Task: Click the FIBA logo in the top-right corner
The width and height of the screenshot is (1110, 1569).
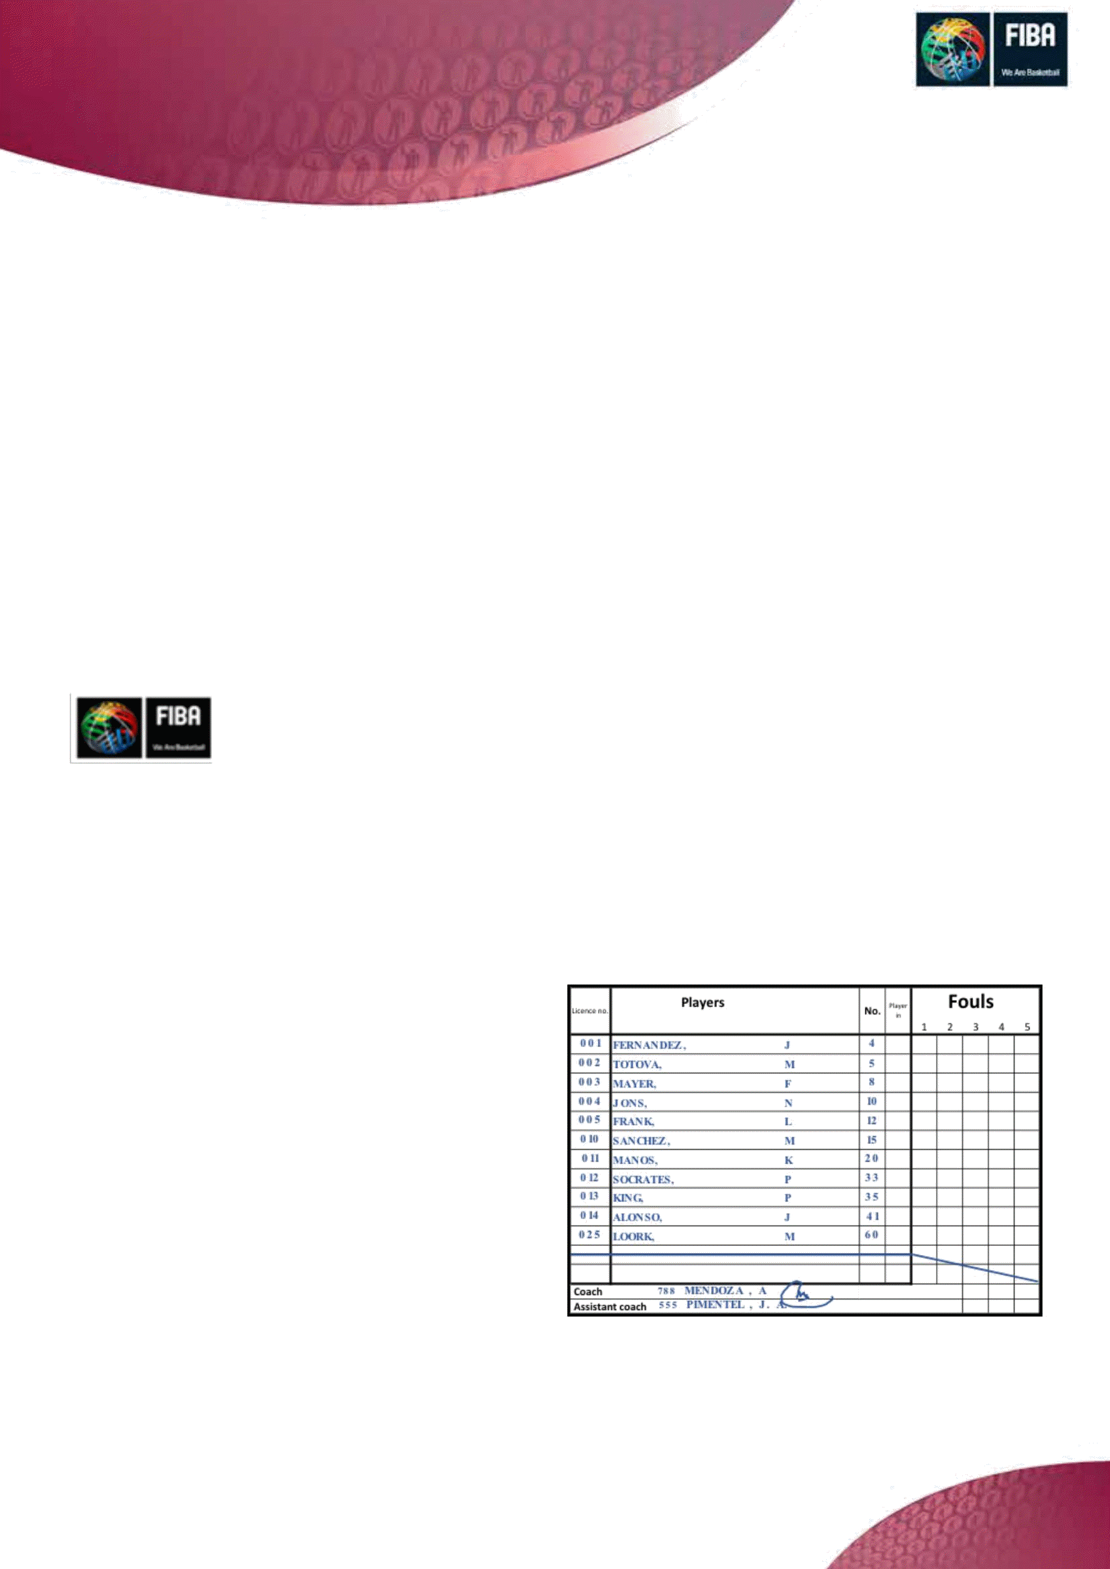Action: point(991,49)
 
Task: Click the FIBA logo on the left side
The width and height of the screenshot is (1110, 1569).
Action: point(141,728)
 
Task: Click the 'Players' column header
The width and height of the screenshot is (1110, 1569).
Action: point(702,1003)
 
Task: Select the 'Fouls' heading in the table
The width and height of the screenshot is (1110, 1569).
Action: point(971,1002)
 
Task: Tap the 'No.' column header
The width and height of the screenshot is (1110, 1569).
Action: point(872,1010)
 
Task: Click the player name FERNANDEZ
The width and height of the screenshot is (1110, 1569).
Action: point(649,1045)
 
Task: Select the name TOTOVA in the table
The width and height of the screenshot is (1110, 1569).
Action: point(637,1065)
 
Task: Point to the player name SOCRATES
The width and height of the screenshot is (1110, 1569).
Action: point(643,1179)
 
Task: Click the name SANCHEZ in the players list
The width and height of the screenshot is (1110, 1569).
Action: point(641,1141)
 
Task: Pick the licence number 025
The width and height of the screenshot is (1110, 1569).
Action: point(589,1235)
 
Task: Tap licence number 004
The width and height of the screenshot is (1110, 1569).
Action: point(589,1101)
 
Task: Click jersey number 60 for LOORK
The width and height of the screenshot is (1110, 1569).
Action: point(872,1235)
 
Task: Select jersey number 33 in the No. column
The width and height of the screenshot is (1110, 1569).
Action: point(872,1177)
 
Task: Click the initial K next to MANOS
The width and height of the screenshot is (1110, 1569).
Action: point(789,1160)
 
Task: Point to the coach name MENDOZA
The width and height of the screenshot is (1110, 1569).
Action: point(714,1291)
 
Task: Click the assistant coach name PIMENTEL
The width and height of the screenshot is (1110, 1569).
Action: point(716,1305)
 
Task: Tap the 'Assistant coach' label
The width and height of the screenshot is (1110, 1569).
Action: point(610,1307)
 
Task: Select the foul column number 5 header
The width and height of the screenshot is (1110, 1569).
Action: point(1027,1027)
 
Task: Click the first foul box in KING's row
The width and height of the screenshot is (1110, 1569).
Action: point(924,1197)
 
